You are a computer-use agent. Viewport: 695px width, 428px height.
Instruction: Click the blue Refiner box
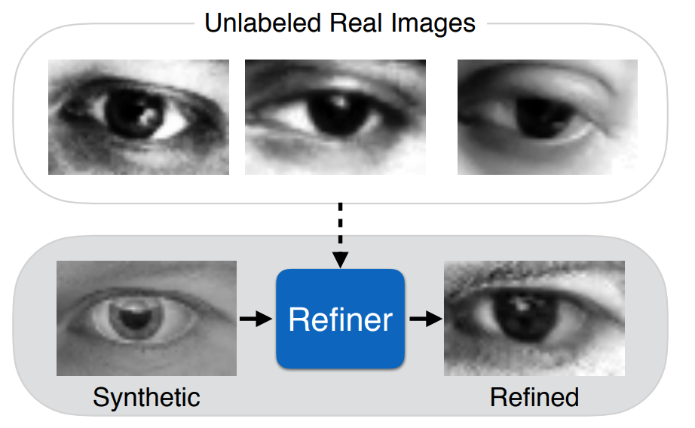(340, 319)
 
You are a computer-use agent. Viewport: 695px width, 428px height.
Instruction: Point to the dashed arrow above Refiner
(341, 234)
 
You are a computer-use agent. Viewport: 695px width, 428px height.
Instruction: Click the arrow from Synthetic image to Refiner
(256, 319)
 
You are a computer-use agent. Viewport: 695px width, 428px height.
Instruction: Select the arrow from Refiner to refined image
(424, 319)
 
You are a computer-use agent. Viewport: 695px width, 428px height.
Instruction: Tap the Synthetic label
(146, 396)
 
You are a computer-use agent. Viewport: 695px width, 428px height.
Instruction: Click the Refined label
(534, 396)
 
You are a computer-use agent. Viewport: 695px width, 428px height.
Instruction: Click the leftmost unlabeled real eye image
(139, 118)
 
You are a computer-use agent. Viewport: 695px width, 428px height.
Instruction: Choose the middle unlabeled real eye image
(335, 118)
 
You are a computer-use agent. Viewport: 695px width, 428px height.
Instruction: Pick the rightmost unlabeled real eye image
(547, 118)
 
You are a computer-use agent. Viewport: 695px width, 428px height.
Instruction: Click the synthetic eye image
(146, 318)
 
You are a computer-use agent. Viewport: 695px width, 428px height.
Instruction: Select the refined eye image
(534, 318)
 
